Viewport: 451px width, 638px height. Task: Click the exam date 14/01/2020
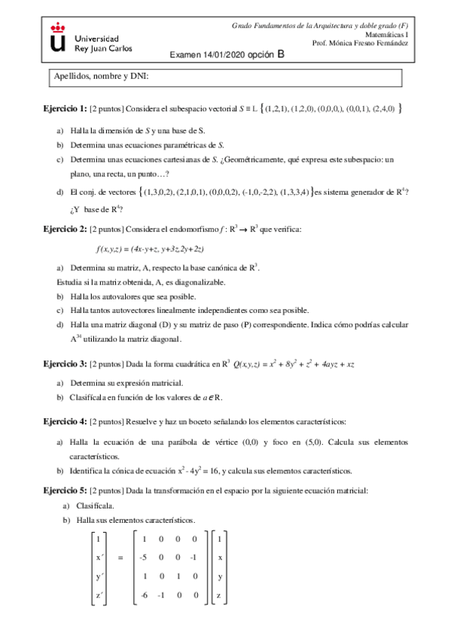tap(223, 55)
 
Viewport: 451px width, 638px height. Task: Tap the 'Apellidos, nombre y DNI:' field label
tap(101, 77)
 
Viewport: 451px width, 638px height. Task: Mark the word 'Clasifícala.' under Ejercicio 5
tap(95, 506)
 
